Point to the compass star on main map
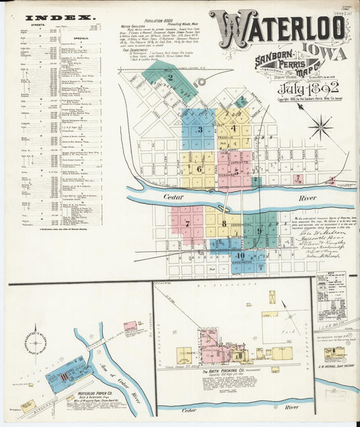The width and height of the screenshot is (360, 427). tap(320, 127)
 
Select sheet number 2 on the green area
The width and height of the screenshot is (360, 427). tap(171, 78)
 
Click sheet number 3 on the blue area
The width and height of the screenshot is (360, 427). tap(199, 129)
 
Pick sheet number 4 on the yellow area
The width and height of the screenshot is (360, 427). tap(234, 128)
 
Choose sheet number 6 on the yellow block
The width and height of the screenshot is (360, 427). tap(199, 169)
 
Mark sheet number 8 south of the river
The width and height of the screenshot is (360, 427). tap(224, 223)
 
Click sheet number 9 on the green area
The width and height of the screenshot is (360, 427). tap(259, 230)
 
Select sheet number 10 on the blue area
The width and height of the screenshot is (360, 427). tap(240, 255)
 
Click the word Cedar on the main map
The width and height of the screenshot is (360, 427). tap(173, 197)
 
